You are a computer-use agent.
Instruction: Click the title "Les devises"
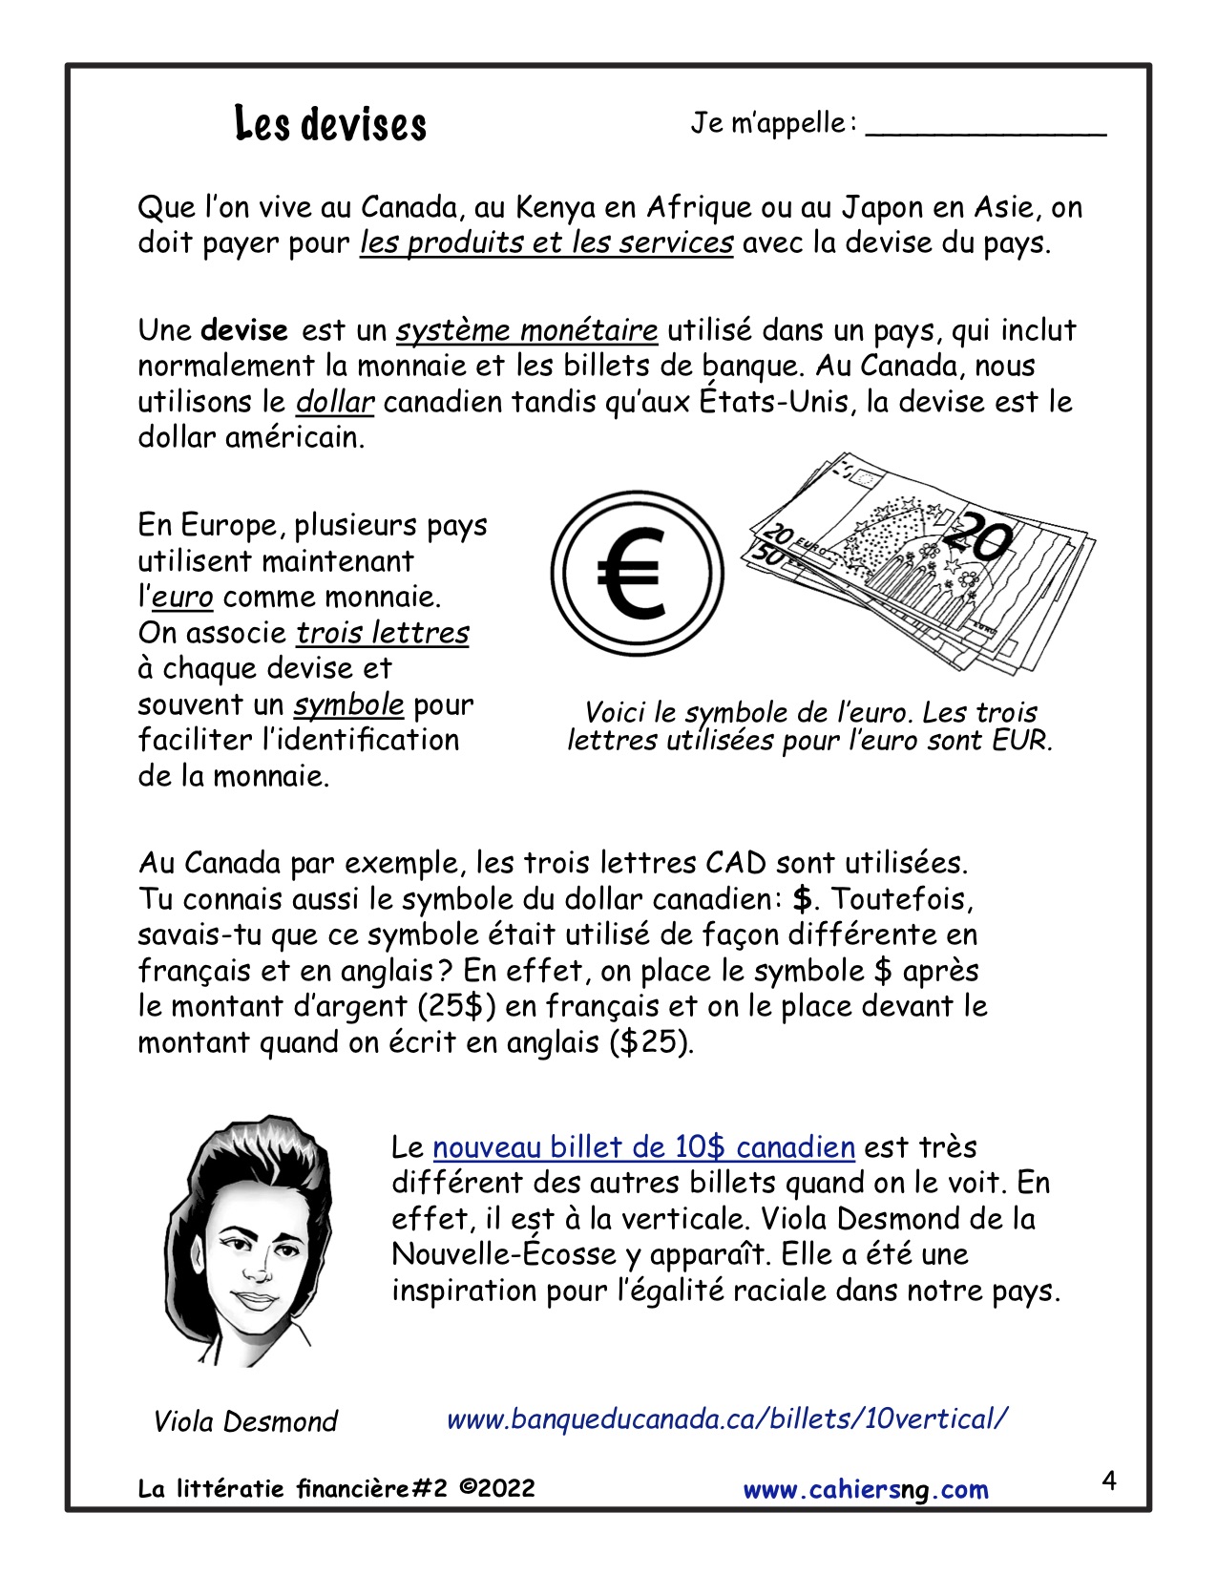coord(330,125)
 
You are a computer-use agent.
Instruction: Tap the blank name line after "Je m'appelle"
coord(985,130)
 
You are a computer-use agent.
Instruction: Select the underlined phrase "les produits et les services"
coord(546,243)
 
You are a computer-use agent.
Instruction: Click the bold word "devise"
coord(244,331)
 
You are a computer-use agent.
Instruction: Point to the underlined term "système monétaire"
coord(527,331)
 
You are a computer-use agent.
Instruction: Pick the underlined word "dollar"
coord(334,402)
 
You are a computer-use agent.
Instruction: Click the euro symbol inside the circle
coord(631,575)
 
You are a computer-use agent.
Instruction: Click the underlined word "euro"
coord(182,598)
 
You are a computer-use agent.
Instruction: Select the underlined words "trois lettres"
coord(382,633)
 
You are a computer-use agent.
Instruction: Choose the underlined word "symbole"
coord(348,704)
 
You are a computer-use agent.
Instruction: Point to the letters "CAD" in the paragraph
coord(736,863)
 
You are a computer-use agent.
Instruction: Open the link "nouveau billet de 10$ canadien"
coord(643,1147)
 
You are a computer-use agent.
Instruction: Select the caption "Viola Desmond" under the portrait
coord(245,1422)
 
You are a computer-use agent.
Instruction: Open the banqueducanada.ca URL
coord(726,1419)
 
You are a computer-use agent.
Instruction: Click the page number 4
coord(1108,1481)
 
